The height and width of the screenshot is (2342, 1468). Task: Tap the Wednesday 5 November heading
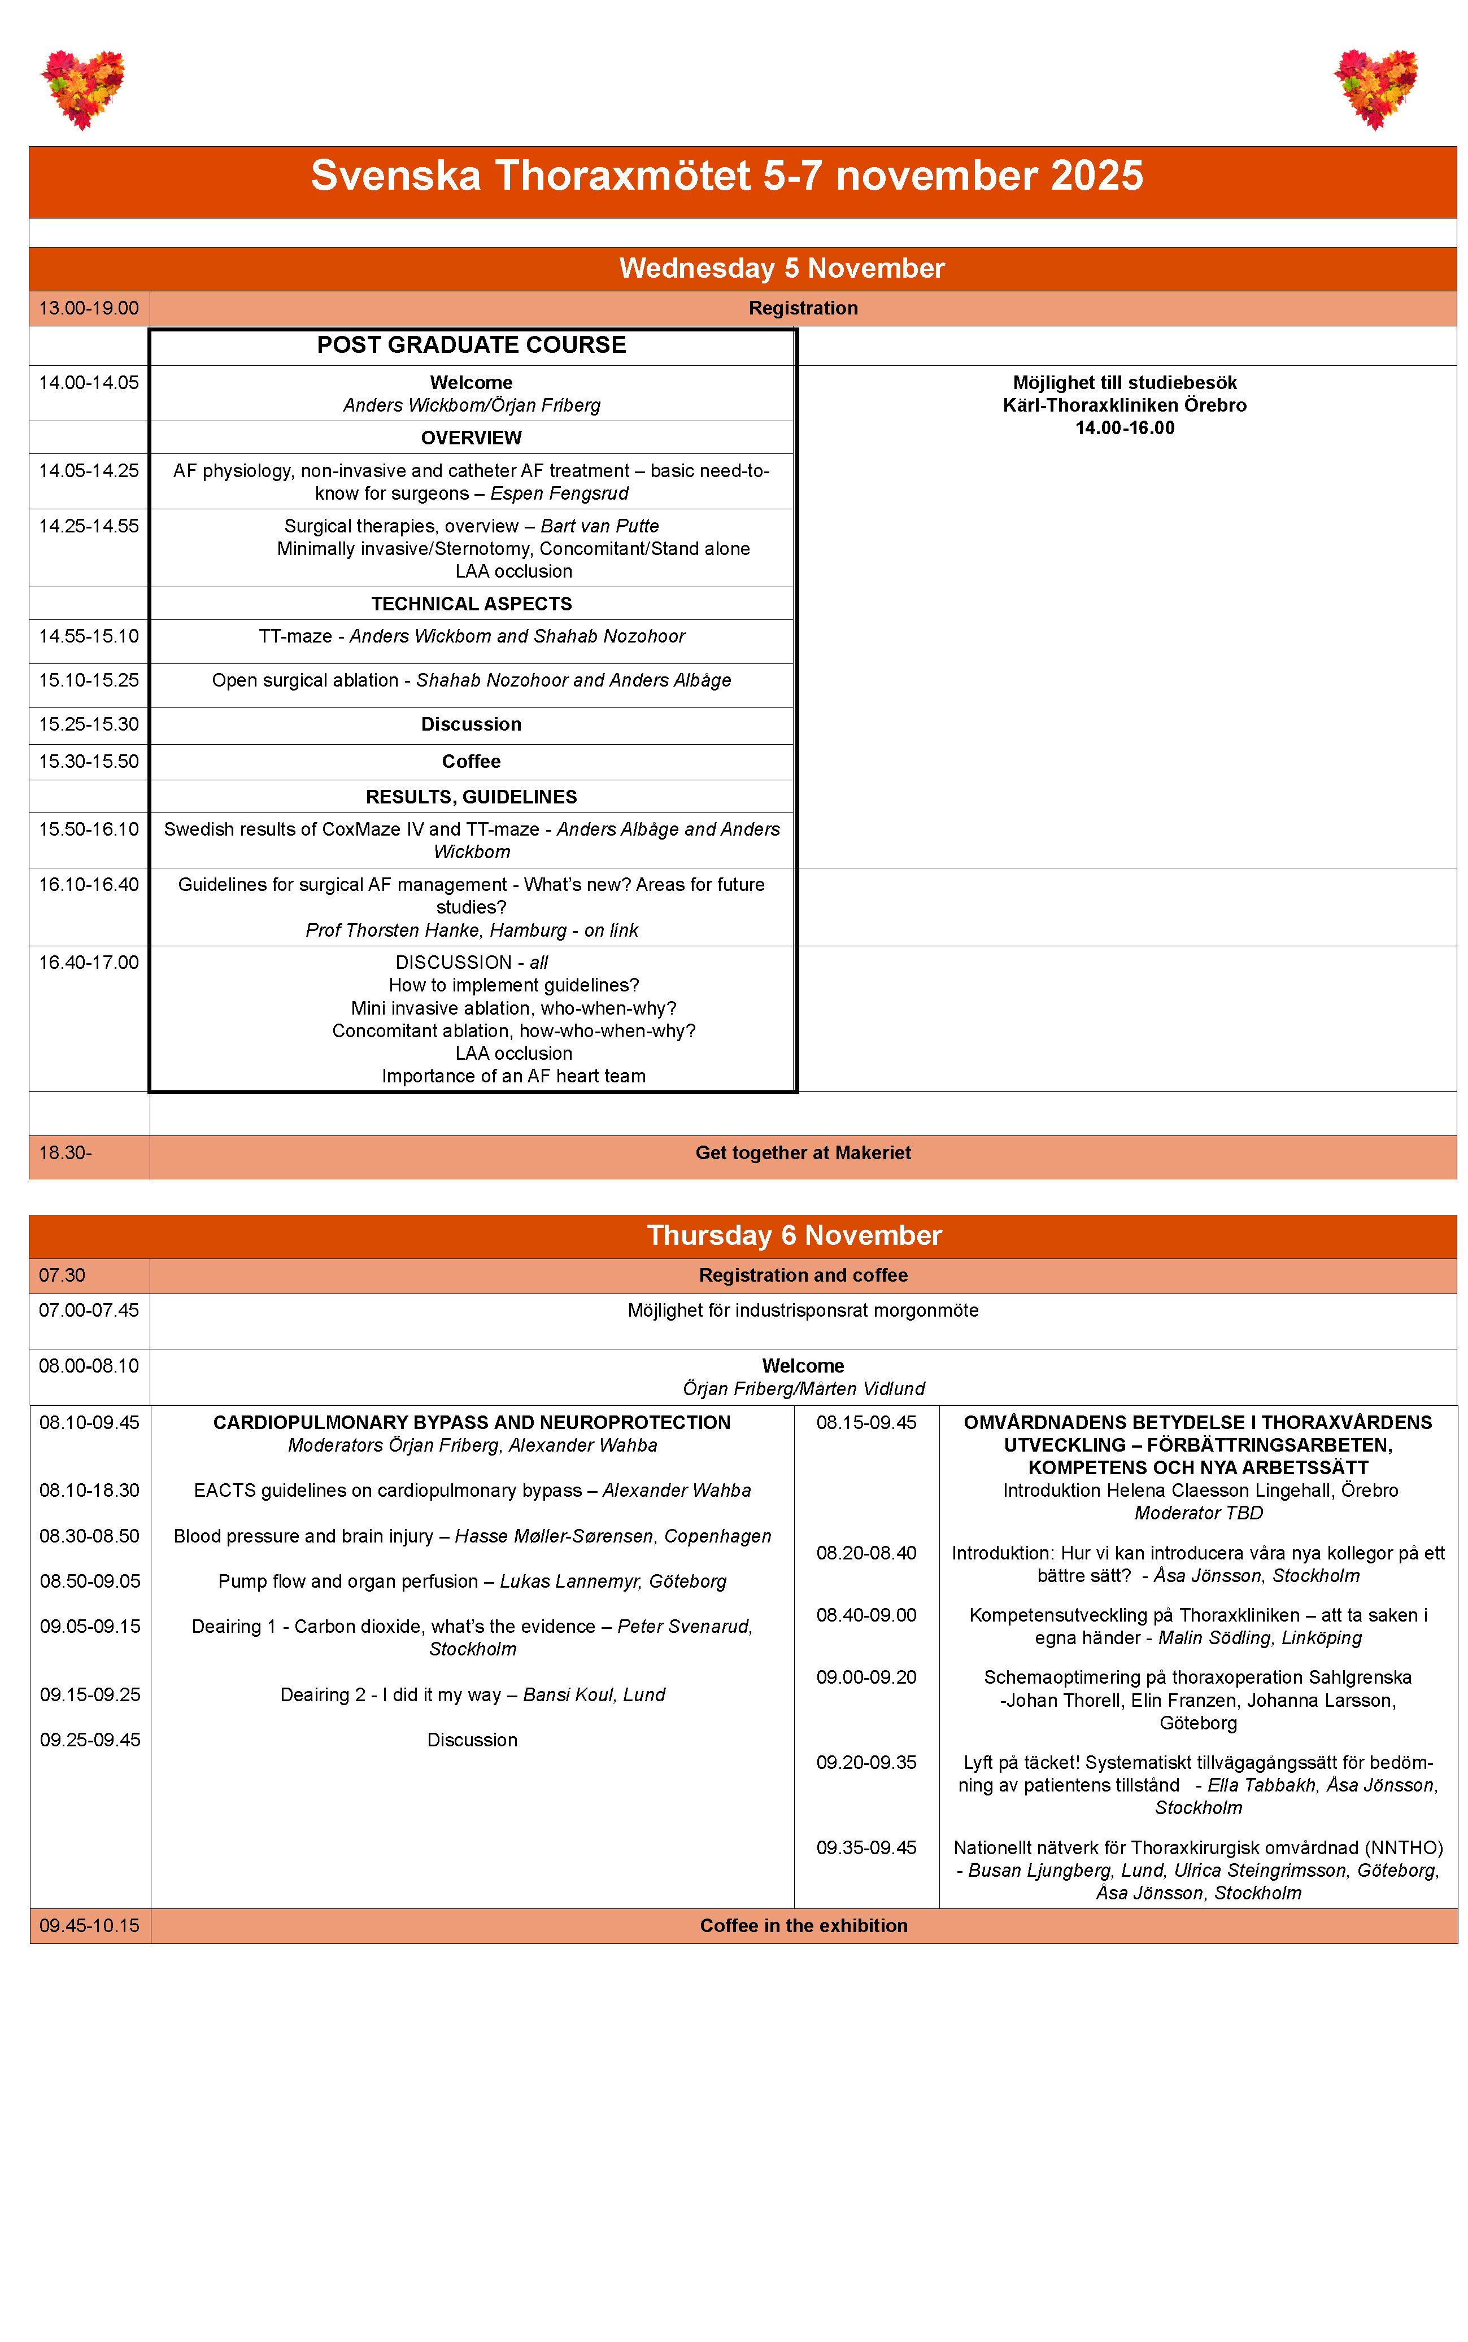click(782, 268)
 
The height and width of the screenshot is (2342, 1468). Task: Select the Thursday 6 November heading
click(794, 1235)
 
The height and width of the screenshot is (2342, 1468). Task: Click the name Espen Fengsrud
click(559, 493)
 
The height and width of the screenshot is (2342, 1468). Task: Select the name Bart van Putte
click(599, 526)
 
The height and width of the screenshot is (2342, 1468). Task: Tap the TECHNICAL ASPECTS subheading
click(471, 604)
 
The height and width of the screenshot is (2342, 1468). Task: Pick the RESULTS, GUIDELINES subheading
click(471, 797)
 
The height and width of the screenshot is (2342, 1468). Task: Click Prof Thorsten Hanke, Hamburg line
click(471, 930)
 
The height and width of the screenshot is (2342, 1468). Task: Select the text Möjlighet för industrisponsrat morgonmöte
click(803, 1310)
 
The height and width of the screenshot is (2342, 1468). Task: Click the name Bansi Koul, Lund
click(594, 1694)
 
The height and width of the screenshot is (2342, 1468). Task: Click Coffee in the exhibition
click(804, 1926)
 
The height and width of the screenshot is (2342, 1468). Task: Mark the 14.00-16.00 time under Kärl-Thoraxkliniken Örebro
click(1125, 428)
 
